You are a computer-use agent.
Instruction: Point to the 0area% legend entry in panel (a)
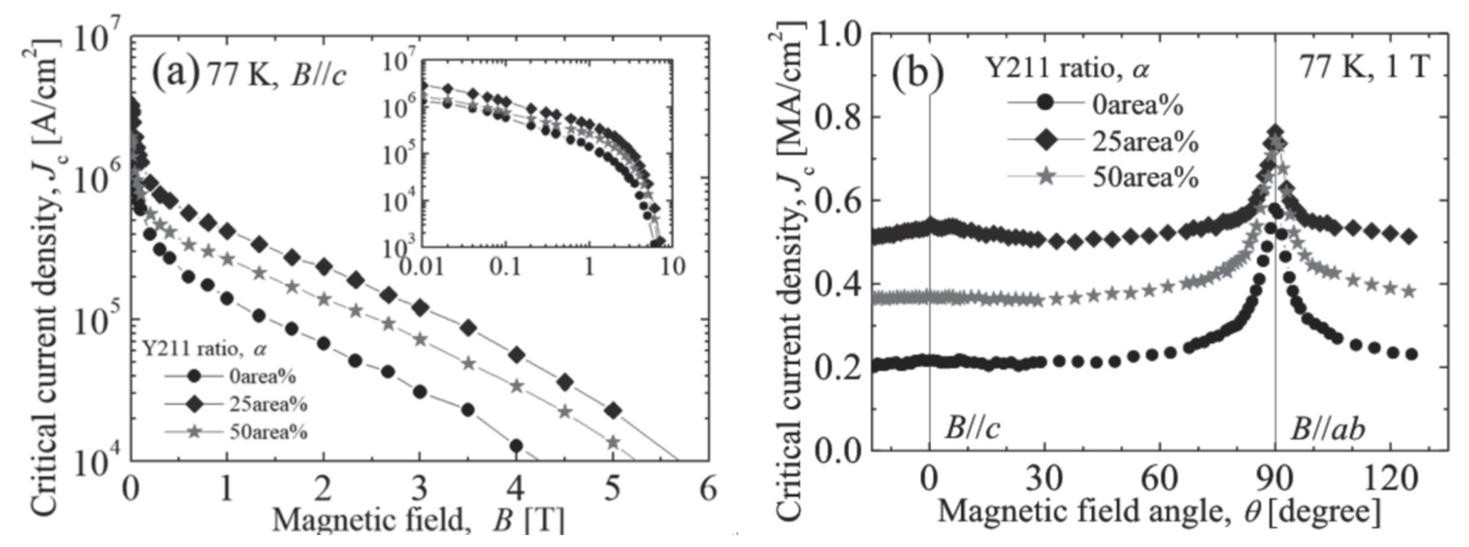[x=263, y=377]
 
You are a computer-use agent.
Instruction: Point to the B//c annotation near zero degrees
[x=972, y=428]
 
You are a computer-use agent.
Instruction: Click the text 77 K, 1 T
[x=1364, y=67]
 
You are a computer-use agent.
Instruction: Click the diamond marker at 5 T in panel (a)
[x=613, y=411]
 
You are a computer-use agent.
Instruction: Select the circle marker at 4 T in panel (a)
[x=517, y=445]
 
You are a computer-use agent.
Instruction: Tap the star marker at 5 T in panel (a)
[x=613, y=442]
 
